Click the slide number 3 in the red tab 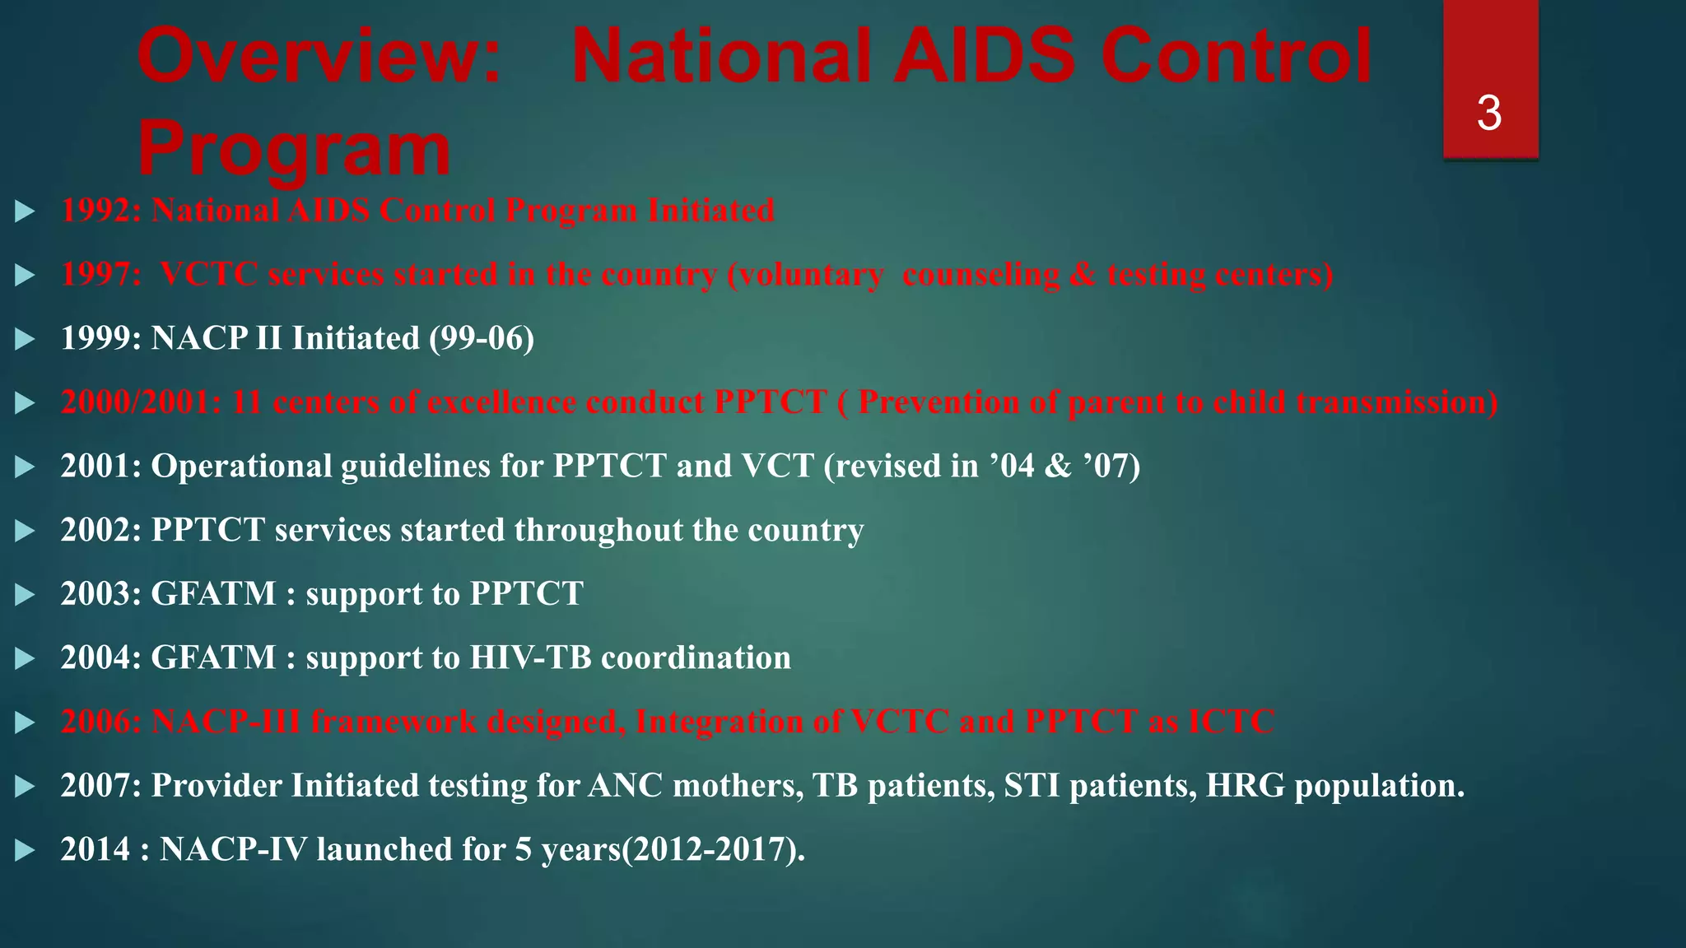(x=1489, y=114)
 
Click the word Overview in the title (x=319, y=56)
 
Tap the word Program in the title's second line (x=295, y=149)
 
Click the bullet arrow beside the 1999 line (x=25, y=339)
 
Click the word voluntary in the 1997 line (x=805, y=275)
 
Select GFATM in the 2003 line (x=213, y=594)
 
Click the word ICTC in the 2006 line (x=1232, y=722)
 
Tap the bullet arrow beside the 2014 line (x=25, y=850)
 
